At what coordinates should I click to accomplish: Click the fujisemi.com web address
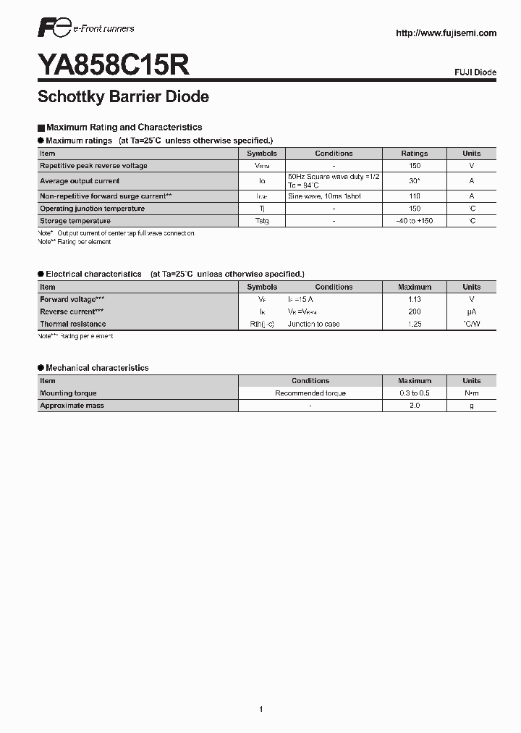[x=446, y=33]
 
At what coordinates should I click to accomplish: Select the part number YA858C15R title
[x=114, y=66]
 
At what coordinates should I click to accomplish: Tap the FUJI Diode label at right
[x=475, y=73]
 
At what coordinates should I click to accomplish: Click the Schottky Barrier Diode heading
[x=123, y=96]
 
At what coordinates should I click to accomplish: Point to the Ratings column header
[x=415, y=154]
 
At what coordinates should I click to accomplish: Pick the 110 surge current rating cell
[x=415, y=196]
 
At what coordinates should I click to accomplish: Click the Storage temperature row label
[x=75, y=221]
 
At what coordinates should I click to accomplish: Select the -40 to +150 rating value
[x=415, y=221]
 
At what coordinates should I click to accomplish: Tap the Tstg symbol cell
[x=262, y=221]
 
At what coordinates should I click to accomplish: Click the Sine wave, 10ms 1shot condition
[x=324, y=196]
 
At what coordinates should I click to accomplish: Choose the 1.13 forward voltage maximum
[x=415, y=299]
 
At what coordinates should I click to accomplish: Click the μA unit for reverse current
[x=471, y=311]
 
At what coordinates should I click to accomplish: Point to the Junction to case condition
[x=313, y=324]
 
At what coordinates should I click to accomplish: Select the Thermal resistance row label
[x=73, y=324]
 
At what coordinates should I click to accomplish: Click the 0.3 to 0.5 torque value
[x=415, y=393]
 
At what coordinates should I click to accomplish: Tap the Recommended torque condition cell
[x=310, y=393]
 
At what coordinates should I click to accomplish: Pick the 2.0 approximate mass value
[x=415, y=406]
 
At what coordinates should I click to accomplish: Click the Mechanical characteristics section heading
[x=97, y=368]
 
